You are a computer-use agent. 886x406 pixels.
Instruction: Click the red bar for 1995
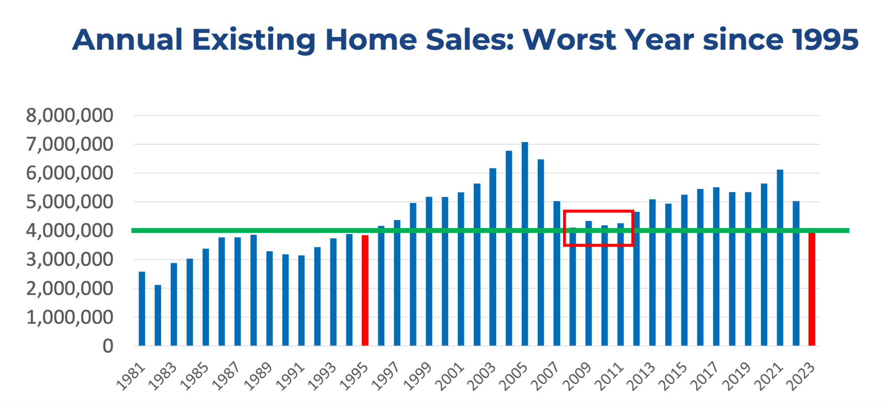pyautogui.click(x=365, y=290)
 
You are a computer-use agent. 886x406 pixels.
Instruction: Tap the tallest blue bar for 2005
pyautogui.click(x=525, y=244)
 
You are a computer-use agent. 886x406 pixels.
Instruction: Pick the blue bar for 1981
pyautogui.click(x=142, y=309)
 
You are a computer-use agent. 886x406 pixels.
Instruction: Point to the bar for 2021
pyautogui.click(x=780, y=258)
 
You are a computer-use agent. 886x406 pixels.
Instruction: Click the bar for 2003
pyautogui.click(x=493, y=257)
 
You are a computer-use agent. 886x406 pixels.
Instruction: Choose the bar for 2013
pyautogui.click(x=652, y=273)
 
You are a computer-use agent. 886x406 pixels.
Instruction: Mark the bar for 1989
pyautogui.click(x=270, y=298)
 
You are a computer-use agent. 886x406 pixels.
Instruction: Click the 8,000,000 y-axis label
pyautogui.click(x=70, y=116)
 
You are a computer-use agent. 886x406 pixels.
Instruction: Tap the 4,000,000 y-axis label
pyautogui.click(x=70, y=231)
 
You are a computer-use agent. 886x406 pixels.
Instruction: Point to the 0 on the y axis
pyautogui.click(x=108, y=346)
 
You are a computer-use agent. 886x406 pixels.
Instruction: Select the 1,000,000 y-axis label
pyautogui.click(x=70, y=317)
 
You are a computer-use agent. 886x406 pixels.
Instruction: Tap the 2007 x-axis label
pyautogui.click(x=546, y=377)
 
